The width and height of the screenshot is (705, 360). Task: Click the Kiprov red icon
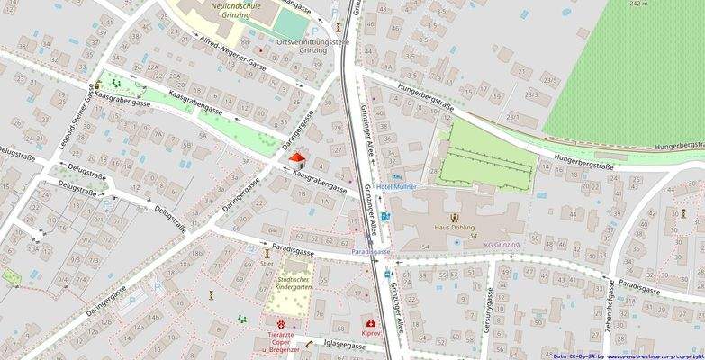point(370,322)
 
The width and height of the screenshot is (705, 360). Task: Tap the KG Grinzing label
point(502,245)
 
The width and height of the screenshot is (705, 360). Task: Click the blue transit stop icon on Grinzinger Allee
point(386,216)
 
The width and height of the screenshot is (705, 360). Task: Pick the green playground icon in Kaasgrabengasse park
point(114,84)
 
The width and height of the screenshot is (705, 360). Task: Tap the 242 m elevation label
point(639,4)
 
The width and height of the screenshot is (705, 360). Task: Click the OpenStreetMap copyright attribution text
point(628,355)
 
